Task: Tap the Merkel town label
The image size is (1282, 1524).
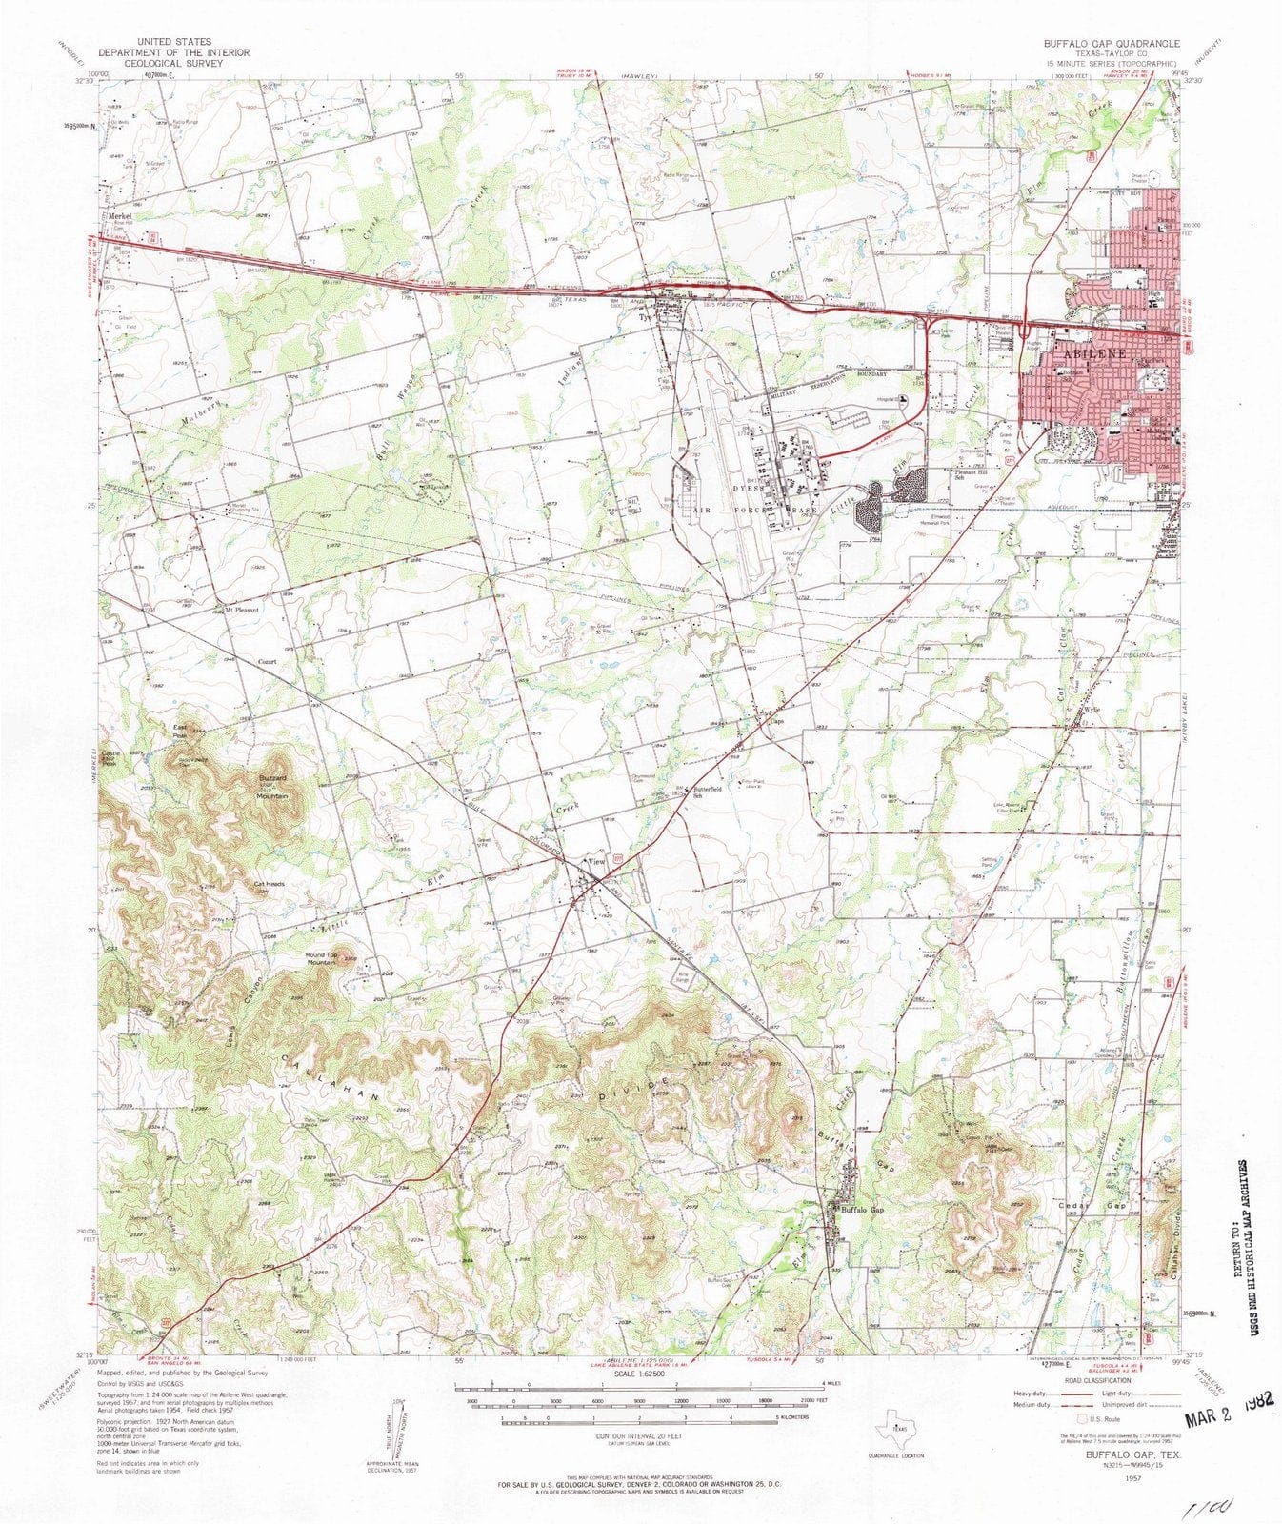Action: [x=119, y=216]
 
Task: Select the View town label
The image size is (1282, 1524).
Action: [x=597, y=862]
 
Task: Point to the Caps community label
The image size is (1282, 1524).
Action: [x=776, y=720]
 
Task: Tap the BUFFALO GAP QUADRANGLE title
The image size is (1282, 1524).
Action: [x=1111, y=44]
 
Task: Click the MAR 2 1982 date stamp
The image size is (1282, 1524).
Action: [x=1229, y=1414]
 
